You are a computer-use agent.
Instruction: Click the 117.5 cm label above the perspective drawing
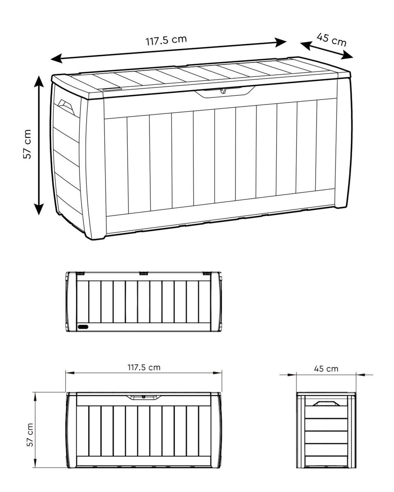(x=166, y=40)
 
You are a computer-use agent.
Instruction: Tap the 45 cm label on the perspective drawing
(x=332, y=39)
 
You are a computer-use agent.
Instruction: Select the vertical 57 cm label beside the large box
(x=27, y=144)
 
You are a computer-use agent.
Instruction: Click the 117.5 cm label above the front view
(x=144, y=367)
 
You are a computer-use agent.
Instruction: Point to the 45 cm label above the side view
(x=326, y=368)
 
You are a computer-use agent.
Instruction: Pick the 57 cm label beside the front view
(x=30, y=434)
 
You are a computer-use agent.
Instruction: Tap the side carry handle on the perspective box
(x=66, y=108)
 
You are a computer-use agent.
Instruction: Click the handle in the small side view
(x=325, y=404)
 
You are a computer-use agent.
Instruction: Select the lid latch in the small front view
(x=144, y=397)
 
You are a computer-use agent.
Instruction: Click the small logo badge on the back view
(x=84, y=327)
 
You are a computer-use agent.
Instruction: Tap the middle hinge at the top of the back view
(x=144, y=273)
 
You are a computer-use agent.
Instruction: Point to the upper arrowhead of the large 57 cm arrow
(x=39, y=81)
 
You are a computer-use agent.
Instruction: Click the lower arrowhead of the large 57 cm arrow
(x=39, y=209)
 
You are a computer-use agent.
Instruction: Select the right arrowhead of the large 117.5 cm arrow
(x=281, y=42)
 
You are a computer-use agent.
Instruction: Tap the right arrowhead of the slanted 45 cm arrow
(x=347, y=55)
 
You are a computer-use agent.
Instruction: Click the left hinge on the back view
(x=80, y=273)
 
